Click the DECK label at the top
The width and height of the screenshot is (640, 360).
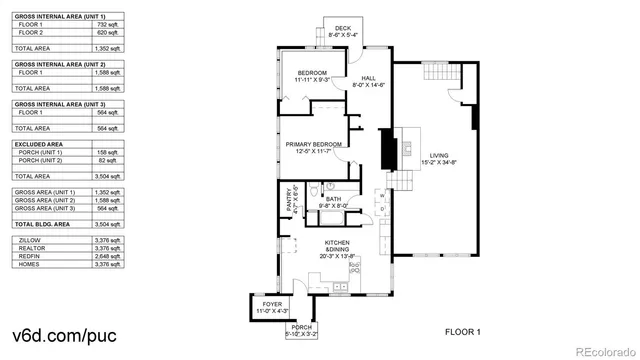343,28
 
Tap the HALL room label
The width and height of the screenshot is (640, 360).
368,78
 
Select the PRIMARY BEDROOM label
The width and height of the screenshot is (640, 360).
314,145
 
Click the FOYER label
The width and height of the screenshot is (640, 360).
272,303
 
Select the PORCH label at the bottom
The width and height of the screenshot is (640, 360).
302,328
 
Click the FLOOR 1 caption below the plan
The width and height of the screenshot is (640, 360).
463,331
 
